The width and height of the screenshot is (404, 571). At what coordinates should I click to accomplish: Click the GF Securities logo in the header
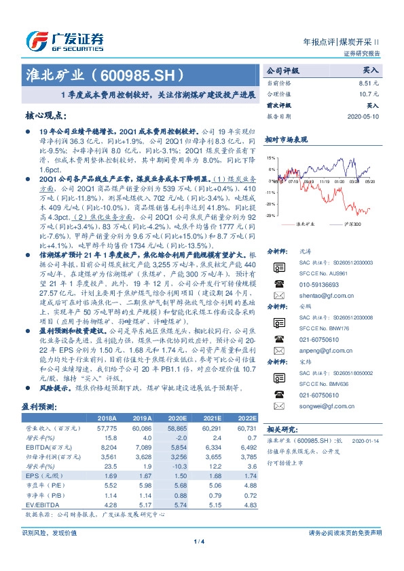(x=65, y=40)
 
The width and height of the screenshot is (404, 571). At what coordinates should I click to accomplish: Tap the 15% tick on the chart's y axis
(x=272, y=158)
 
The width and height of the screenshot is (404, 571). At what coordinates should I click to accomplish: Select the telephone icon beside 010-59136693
(x=278, y=285)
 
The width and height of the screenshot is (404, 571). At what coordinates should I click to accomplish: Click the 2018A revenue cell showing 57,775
(x=108, y=429)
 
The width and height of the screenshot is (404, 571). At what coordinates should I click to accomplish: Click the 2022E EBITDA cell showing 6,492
(x=247, y=448)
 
